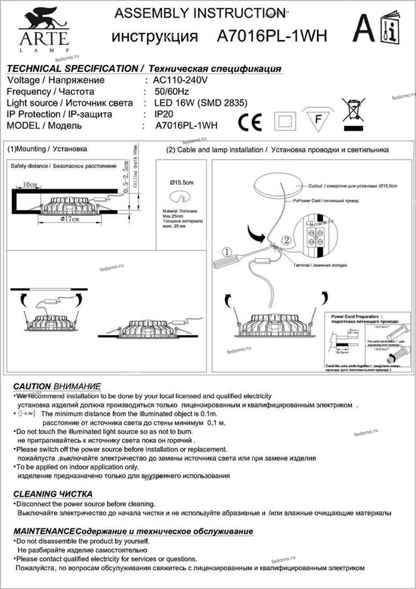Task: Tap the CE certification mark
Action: (x=250, y=123)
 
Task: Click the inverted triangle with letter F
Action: (x=318, y=118)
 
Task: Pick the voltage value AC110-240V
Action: (x=180, y=80)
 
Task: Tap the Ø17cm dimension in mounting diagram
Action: (x=70, y=220)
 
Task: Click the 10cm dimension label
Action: (x=30, y=185)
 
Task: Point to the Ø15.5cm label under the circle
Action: (x=182, y=183)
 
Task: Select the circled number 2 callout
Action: (x=287, y=241)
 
